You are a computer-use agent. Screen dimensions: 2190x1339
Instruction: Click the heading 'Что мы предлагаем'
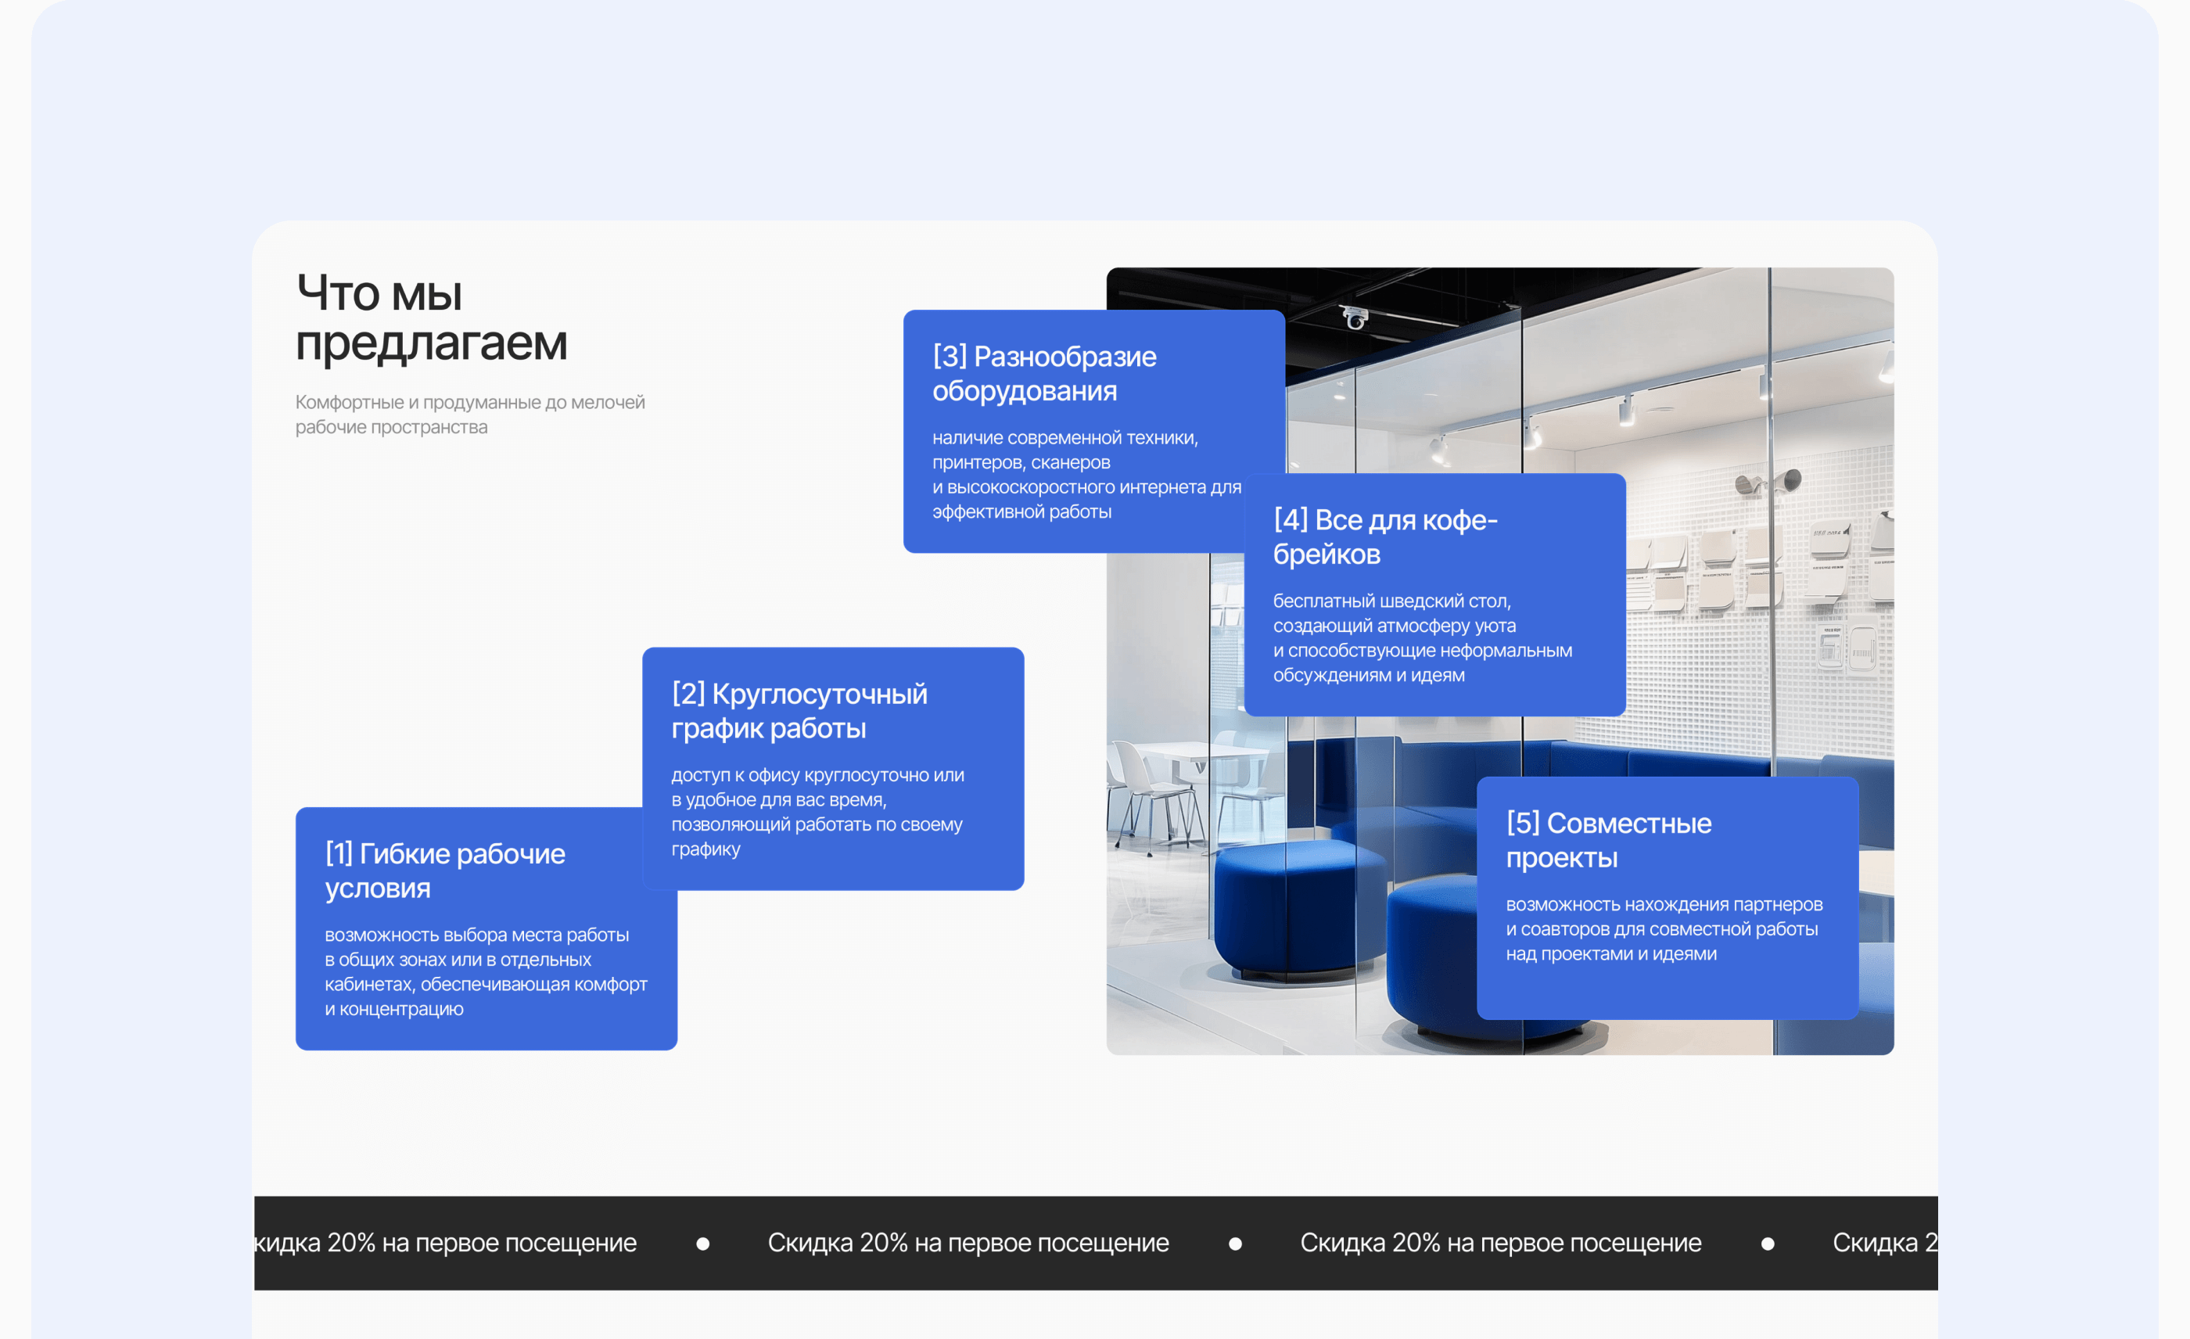(x=431, y=318)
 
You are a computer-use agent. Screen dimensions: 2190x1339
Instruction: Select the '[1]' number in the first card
(x=339, y=854)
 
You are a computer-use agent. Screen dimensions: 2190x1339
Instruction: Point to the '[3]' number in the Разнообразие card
(x=950, y=357)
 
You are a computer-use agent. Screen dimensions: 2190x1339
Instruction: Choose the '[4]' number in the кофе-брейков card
(x=1291, y=520)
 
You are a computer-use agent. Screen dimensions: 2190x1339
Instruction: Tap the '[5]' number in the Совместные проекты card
(x=1524, y=824)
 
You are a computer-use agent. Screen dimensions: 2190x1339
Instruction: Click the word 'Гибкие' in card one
(x=404, y=854)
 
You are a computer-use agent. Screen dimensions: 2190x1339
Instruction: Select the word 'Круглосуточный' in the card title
(x=820, y=694)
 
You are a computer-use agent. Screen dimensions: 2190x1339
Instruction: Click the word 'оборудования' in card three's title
(x=1025, y=391)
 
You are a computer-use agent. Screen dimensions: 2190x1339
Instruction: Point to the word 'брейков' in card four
(x=1327, y=555)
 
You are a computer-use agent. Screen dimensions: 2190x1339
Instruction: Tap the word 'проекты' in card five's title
(x=1562, y=858)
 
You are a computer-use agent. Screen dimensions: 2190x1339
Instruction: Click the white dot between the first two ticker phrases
(x=703, y=1244)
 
